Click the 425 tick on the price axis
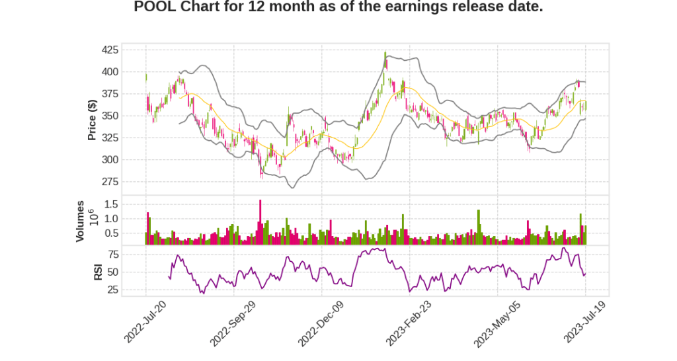[110, 50]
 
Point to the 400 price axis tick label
[110, 71]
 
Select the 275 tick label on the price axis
[110, 181]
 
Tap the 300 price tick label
[110, 159]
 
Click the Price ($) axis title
[93, 120]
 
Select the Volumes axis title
[80, 221]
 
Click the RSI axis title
[97, 271]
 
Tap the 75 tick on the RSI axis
[113, 255]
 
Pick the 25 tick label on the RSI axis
[113, 289]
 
